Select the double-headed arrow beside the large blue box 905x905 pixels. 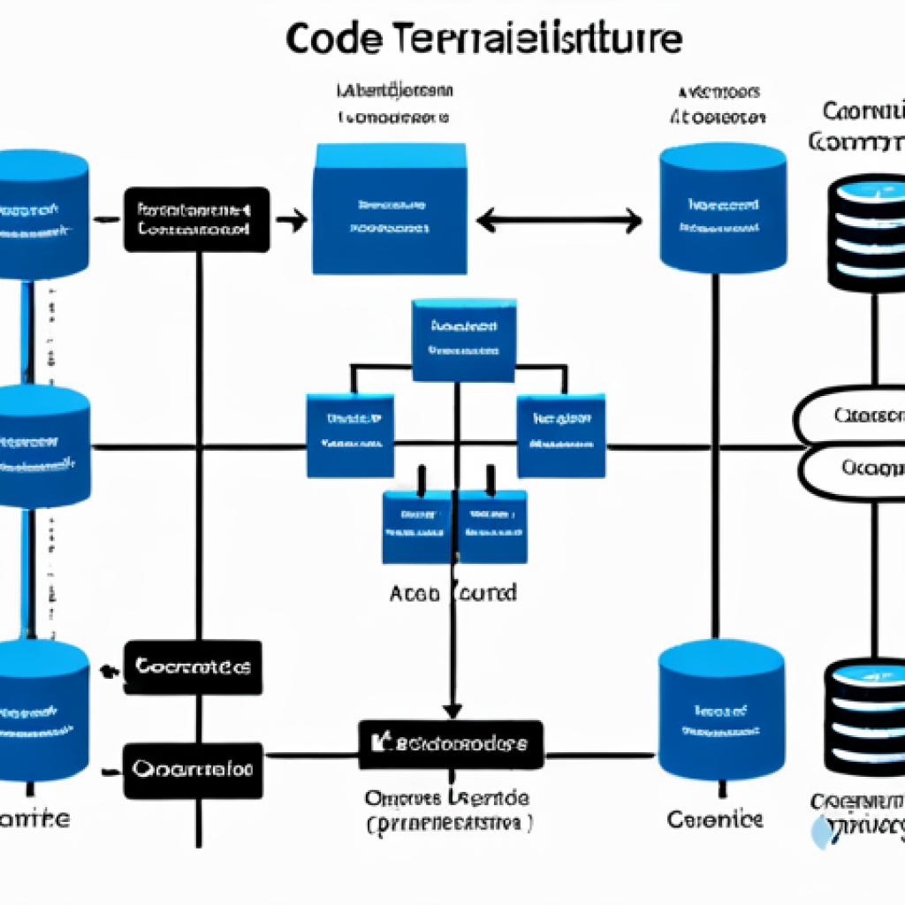[559, 220]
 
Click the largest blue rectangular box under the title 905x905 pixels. [389, 209]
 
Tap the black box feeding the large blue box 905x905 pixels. [196, 219]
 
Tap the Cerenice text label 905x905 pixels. [715, 818]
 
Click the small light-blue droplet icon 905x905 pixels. [823, 833]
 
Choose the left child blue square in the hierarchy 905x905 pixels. [350, 435]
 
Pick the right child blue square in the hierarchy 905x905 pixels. [561, 435]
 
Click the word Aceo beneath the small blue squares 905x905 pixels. [415, 593]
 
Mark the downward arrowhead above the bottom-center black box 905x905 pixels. [452, 709]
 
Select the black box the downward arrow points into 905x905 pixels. [451, 744]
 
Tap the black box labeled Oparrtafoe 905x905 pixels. [193, 768]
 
